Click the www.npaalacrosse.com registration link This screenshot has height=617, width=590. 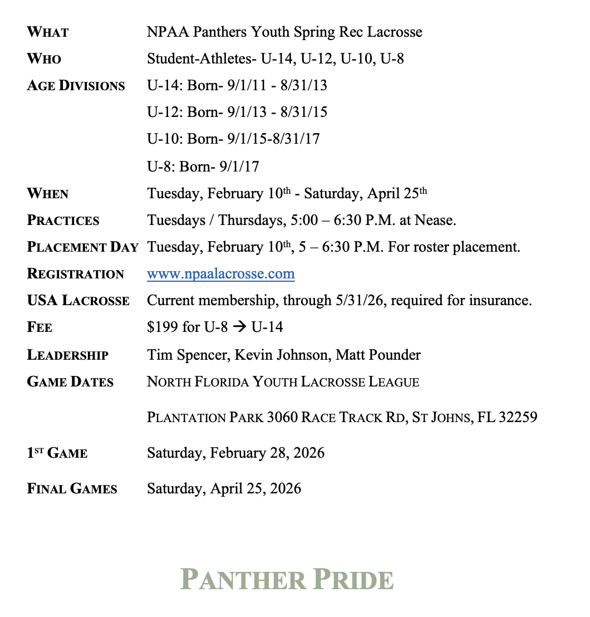pos(220,273)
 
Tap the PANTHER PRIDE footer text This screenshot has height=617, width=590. pos(287,579)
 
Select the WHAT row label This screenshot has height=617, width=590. pos(47,32)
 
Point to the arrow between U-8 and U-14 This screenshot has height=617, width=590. pos(239,327)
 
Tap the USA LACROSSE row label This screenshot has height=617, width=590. pos(78,301)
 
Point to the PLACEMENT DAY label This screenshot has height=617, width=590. pos(82,247)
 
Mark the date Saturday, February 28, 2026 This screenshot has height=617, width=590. pos(235,453)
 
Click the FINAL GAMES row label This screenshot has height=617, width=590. pos(72,489)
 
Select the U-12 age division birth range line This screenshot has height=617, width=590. pos(237,112)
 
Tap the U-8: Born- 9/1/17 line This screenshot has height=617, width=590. pos(203,167)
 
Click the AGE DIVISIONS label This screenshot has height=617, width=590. pos(76,86)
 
